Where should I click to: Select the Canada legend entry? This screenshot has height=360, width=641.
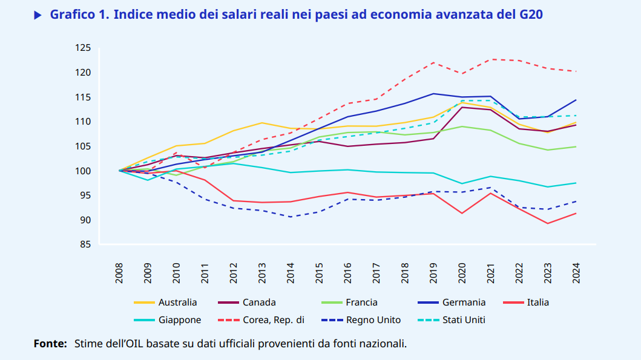pyautogui.click(x=259, y=302)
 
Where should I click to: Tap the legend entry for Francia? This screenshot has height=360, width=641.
pyautogui.click(x=361, y=302)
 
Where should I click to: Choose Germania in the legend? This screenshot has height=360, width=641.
pyautogui.click(x=464, y=302)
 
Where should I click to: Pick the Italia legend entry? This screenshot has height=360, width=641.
pyautogui.click(x=537, y=302)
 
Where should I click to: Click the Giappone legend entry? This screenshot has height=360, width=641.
pyautogui.click(x=180, y=320)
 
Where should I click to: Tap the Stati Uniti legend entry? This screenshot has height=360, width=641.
pyautogui.click(x=464, y=320)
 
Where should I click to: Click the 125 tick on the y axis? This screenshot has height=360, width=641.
pyautogui.click(x=83, y=48)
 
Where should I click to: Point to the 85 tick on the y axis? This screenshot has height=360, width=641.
pyautogui.click(x=85, y=244)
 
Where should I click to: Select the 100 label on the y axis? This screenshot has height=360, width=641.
pyautogui.click(x=83, y=171)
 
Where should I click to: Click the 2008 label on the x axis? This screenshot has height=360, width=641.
pyautogui.click(x=120, y=273)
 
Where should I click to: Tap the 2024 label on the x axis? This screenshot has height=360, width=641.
pyautogui.click(x=576, y=273)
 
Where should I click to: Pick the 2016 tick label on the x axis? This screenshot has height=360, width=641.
pyautogui.click(x=348, y=273)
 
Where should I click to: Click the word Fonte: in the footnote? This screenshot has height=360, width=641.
pyautogui.click(x=50, y=344)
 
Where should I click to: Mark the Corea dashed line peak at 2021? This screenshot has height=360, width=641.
pyautogui.click(x=492, y=59)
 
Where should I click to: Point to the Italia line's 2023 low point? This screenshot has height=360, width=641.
pyautogui.click(x=548, y=223)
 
